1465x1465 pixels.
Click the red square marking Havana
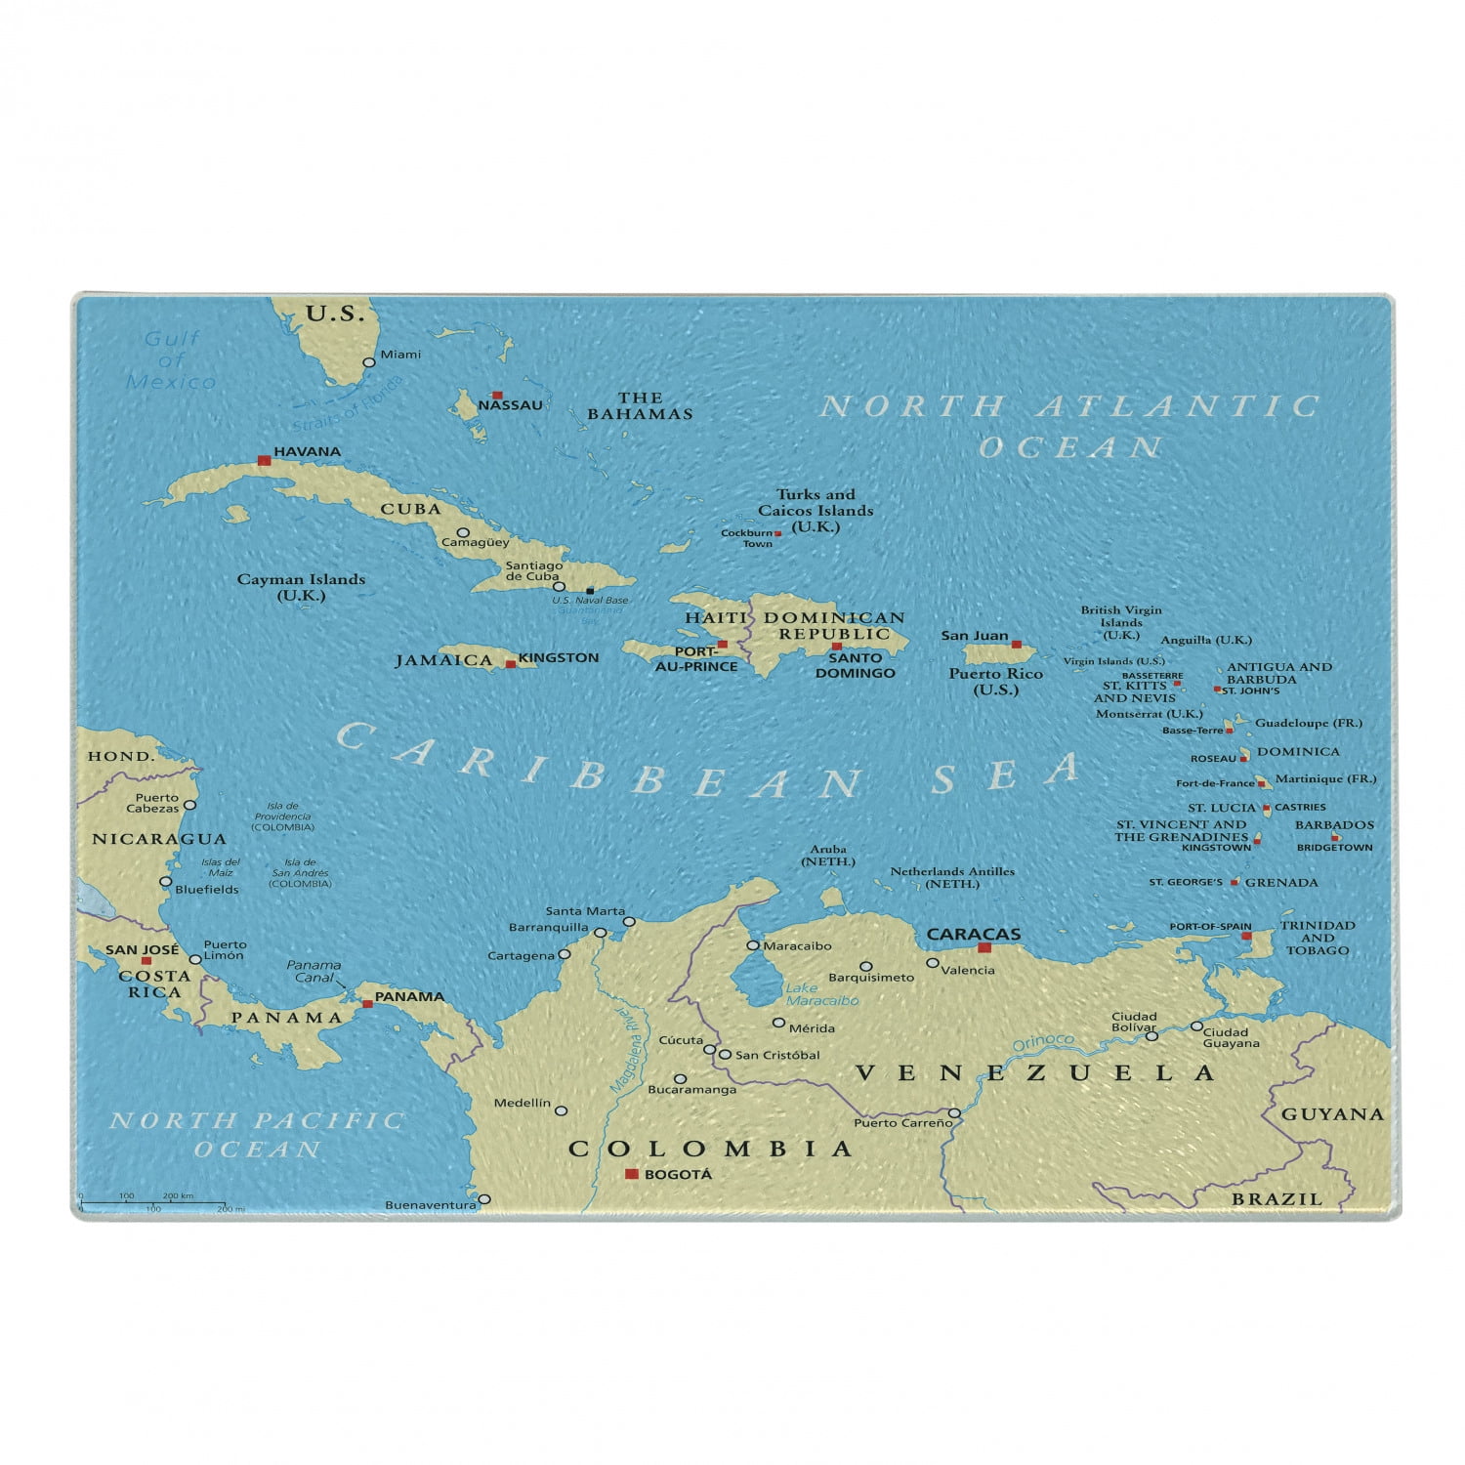coord(264,459)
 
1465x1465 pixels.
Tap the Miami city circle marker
coord(369,362)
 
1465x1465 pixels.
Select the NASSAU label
coord(510,405)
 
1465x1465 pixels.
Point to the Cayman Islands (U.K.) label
coord(301,587)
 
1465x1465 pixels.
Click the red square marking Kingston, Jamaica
coord(510,664)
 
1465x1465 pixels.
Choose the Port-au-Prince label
coord(695,659)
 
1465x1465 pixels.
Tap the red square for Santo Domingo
coord(836,647)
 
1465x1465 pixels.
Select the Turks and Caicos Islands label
coord(816,510)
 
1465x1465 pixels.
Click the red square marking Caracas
coord(984,947)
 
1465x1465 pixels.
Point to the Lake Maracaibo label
coord(821,994)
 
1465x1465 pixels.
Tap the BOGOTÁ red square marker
coord(631,1174)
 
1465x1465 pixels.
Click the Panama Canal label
coord(314,971)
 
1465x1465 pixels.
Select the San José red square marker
coord(146,961)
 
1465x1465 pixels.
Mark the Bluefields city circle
coord(166,882)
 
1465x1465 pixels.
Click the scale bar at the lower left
coord(152,1203)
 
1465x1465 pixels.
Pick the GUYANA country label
coord(1332,1114)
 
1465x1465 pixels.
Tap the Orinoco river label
coord(1042,1043)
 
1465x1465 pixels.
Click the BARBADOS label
coord(1334,825)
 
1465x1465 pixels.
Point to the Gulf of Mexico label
coord(171,360)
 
